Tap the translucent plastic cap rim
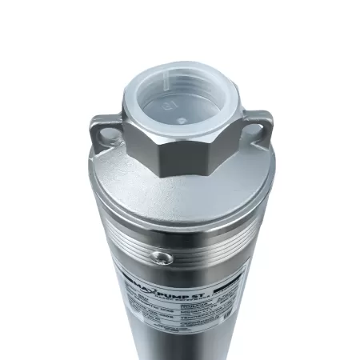pos(179,70)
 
